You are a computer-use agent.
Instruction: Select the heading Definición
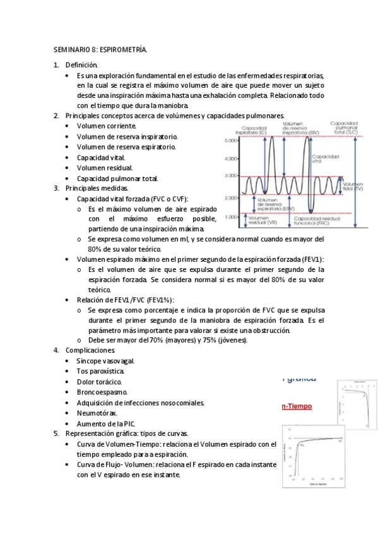(x=81, y=64)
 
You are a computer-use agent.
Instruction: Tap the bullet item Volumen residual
(x=105, y=168)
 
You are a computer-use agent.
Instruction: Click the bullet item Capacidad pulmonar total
(x=117, y=178)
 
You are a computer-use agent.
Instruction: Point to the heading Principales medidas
(x=97, y=188)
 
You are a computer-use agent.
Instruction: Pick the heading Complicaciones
(x=90, y=350)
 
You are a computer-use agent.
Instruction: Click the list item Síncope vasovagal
(x=105, y=361)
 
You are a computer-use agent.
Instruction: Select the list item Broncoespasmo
(x=102, y=392)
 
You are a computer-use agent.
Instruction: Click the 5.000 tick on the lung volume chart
(x=230, y=140)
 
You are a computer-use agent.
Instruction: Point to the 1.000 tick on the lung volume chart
(x=230, y=216)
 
